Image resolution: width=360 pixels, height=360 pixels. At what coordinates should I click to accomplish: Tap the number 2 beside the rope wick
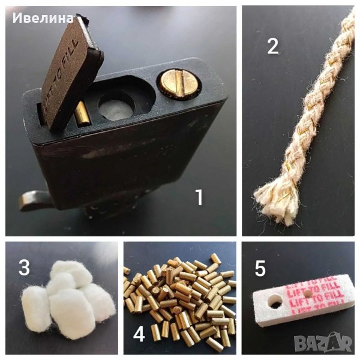click(273, 46)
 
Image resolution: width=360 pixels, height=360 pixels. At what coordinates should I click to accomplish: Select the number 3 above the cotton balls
click(23, 268)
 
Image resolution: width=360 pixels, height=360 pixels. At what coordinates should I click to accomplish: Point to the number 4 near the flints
click(139, 334)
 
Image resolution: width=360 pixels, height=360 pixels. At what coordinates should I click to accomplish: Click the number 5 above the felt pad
click(260, 269)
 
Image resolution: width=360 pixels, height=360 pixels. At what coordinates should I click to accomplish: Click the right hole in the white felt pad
click(308, 295)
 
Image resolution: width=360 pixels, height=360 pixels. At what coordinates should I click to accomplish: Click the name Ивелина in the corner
click(43, 18)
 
